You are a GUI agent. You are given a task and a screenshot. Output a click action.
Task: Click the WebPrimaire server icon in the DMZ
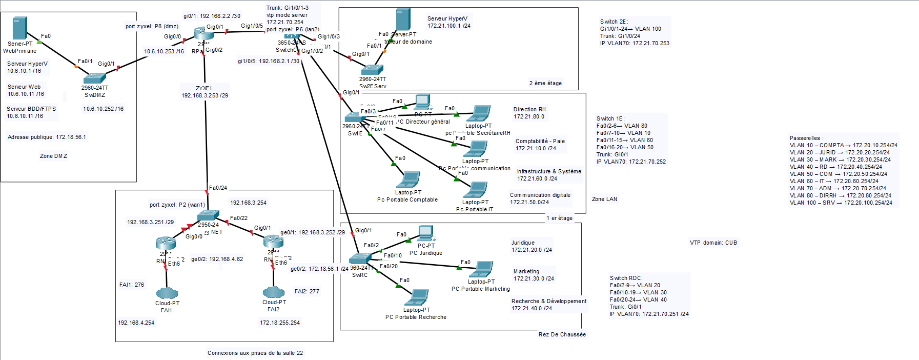click(x=19, y=28)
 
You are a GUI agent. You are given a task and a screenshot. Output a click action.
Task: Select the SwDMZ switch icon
click(x=95, y=78)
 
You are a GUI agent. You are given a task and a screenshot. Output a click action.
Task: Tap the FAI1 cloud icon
click(x=167, y=293)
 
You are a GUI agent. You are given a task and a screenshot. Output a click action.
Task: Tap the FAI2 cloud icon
click(x=274, y=292)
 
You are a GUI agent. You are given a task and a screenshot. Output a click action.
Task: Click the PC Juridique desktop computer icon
click(x=425, y=233)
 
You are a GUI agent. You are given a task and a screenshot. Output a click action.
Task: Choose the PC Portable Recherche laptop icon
click(x=417, y=298)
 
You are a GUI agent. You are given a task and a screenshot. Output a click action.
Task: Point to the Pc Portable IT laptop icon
click(x=475, y=190)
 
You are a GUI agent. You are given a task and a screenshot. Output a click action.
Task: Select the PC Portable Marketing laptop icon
click(x=481, y=269)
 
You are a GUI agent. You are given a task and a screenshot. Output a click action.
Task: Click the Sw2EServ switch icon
click(x=373, y=70)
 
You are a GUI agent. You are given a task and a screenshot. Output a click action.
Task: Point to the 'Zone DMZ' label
click(x=53, y=156)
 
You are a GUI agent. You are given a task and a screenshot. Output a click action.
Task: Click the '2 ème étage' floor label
click(x=545, y=83)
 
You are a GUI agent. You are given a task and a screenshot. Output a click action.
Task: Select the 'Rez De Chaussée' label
click(x=562, y=334)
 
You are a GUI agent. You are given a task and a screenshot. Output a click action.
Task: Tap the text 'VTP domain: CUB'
click(x=713, y=243)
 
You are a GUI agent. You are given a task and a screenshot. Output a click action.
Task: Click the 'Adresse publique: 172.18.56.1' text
click(x=47, y=137)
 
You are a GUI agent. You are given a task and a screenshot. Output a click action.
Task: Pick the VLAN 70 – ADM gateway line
click(x=840, y=188)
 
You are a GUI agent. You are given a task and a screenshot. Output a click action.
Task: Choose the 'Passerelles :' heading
click(x=806, y=138)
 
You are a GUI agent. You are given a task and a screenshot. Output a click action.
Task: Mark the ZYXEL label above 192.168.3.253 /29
click(x=204, y=88)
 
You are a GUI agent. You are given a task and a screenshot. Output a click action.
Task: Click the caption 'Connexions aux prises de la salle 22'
click(x=255, y=353)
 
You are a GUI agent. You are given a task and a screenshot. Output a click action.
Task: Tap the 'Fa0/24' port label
click(x=218, y=188)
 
